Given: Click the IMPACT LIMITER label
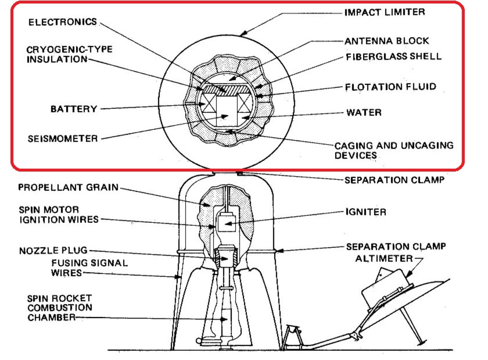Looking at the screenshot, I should [385, 12].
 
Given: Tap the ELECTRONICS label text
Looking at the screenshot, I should [63, 22].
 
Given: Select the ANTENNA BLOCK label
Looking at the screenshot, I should [387, 41].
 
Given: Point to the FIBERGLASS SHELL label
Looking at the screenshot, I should [394, 56].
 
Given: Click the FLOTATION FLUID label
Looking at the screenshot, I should [390, 87].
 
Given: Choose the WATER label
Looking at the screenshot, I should [364, 112].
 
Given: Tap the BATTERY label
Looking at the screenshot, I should [74, 108].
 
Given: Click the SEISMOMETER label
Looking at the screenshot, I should [62, 138].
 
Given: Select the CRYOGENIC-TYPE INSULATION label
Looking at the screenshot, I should [69, 54].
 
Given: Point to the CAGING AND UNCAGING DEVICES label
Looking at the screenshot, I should [393, 150].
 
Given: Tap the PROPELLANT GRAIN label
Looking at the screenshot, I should [68, 188].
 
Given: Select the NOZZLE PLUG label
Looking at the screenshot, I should [53, 251].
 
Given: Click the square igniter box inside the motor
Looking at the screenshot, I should [225, 224].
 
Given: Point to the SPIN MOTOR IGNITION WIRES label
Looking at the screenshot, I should [59, 214].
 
